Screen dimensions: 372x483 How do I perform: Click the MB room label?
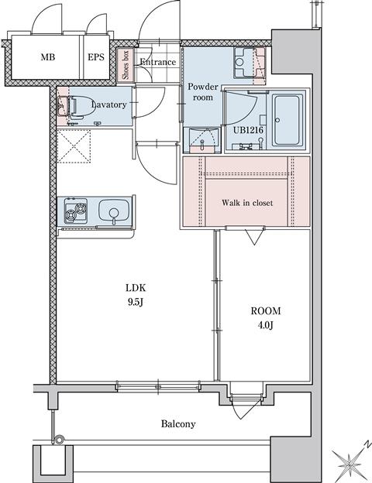click(48, 57)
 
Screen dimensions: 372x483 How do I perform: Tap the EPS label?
click(95, 57)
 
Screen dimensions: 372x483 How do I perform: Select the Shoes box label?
click(126, 65)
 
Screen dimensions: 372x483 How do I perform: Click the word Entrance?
click(157, 62)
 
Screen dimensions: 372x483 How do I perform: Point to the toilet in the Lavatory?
click(72, 107)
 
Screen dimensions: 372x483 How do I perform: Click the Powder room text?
click(202, 92)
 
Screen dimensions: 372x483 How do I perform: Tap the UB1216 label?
click(248, 130)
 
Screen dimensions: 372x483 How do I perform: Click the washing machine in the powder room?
click(245, 63)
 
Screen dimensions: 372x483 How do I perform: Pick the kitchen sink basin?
click(114, 210)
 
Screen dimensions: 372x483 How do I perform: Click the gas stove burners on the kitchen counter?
click(76, 211)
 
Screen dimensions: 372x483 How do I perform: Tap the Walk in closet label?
click(247, 203)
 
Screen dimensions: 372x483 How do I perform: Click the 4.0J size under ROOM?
click(266, 325)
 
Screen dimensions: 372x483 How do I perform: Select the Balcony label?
click(178, 424)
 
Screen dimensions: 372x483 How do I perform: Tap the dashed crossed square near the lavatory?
click(74, 146)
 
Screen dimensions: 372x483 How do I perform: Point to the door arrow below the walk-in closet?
click(254, 237)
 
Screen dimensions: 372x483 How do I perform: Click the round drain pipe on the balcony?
click(58, 439)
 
